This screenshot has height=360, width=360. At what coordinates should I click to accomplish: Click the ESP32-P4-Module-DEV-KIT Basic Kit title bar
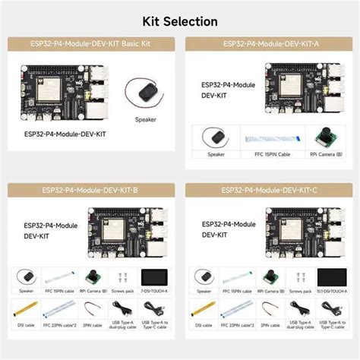[x=90, y=44]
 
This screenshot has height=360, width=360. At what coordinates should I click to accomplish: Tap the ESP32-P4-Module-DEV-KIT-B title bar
[x=90, y=190]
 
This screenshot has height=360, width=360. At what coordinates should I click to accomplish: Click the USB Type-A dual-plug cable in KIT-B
[x=125, y=310]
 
